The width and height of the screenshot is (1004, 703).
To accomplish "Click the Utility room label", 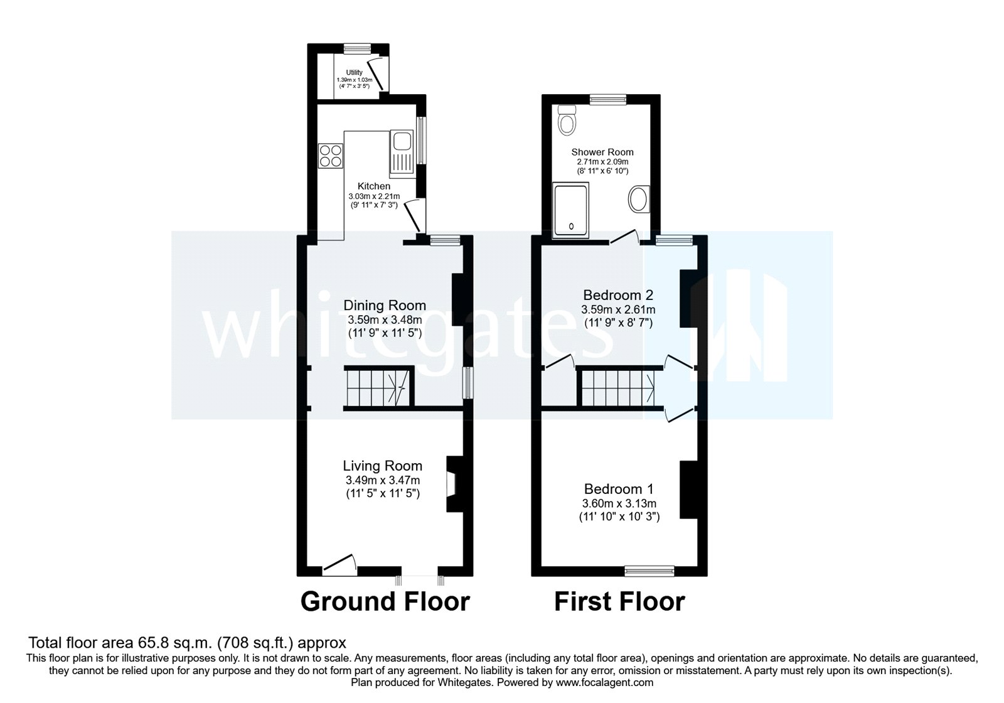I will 354,73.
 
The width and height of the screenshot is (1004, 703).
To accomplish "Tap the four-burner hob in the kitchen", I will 331,155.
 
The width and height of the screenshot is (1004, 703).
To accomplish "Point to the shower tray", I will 570,207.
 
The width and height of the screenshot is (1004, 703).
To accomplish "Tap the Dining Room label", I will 384,306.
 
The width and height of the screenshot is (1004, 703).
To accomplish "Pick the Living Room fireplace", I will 453,484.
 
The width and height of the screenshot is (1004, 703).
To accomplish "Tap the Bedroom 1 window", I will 649,570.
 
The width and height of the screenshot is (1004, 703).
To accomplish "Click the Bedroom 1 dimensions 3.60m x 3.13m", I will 619,503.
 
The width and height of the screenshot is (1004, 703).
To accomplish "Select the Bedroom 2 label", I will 618,295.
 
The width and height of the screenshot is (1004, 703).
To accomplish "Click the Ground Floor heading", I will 385,601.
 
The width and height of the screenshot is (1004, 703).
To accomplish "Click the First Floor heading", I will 619,601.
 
